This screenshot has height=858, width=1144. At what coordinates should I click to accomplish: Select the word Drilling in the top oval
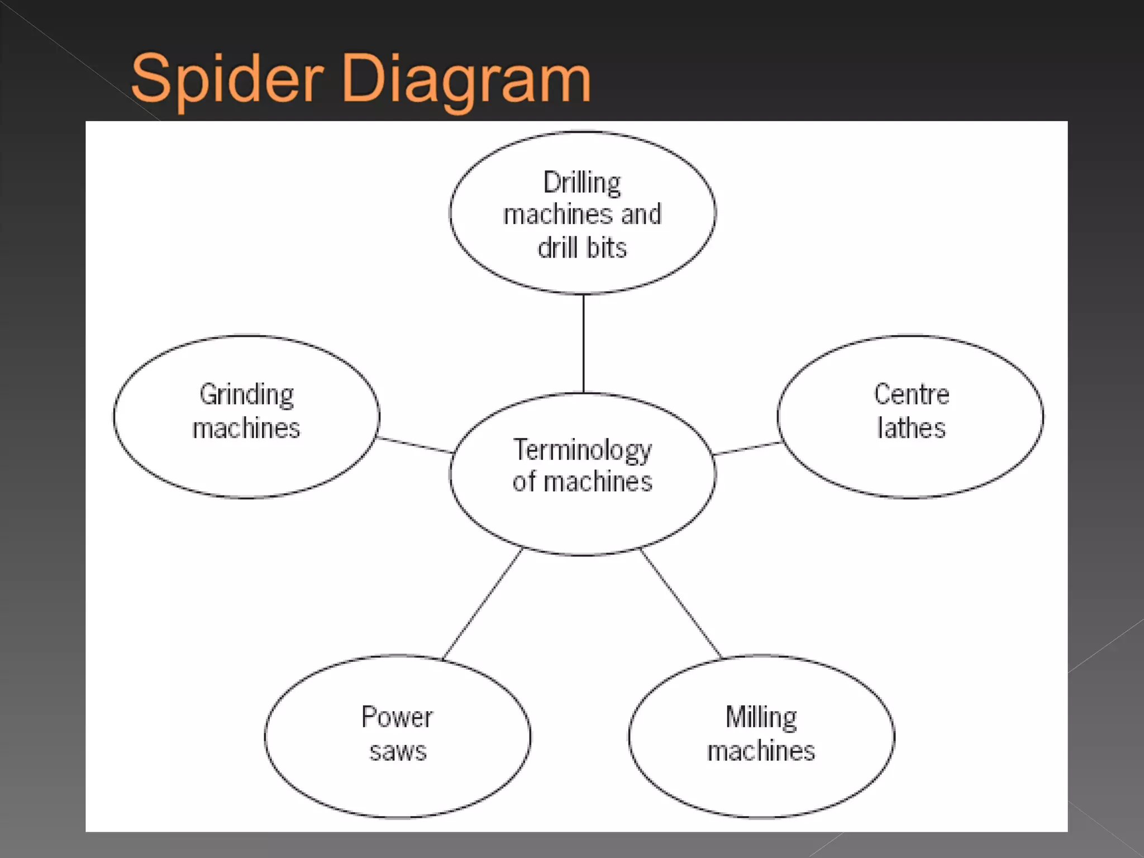pyautogui.click(x=582, y=183)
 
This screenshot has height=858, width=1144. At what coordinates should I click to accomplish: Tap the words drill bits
pyautogui.click(x=582, y=247)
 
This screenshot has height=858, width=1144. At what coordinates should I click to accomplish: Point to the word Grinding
pyautogui.click(x=246, y=395)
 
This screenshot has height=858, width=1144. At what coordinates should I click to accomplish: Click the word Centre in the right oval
pyautogui.click(x=911, y=394)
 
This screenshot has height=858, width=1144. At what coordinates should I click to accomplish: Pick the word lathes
pyautogui.click(x=911, y=428)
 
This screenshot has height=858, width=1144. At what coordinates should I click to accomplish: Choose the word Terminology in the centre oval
pyautogui.click(x=582, y=450)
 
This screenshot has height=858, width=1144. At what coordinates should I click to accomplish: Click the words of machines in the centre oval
pyautogui.click(x=582, y=482)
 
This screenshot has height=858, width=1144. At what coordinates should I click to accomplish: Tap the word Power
pyautogui.click(x=397, y=717)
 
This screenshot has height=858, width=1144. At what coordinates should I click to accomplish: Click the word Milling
pyautogui.click(x=761, y=717)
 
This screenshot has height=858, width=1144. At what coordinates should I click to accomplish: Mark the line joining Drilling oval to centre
pyautogui.click(x=583, y=344)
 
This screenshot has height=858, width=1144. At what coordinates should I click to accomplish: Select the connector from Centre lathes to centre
pyautogui.click(x=747, y=449)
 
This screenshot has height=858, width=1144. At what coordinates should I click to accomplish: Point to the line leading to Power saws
pyautogui.click(x=483, y=603)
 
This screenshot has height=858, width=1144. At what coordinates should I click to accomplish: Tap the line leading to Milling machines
pyautogui.click(x=680, y=603)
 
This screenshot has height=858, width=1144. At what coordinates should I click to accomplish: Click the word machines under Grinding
pyautogui.click(x=246, y=428)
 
